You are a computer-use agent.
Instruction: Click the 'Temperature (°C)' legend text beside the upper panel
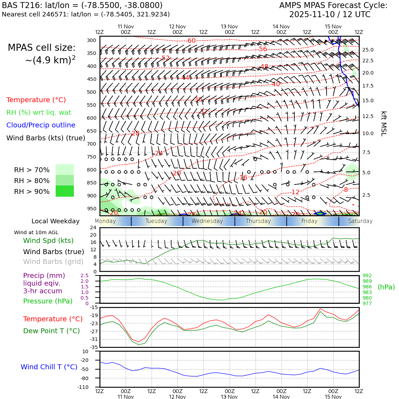(36, 100)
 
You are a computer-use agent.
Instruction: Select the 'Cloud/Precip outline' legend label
(41, 125)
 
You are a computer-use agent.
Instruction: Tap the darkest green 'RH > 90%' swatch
(65, 191)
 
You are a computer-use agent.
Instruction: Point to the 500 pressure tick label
(91, 92)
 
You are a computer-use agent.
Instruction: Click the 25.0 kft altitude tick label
(368, 50)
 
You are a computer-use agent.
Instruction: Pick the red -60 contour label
(191, 41)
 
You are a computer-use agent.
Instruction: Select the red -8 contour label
(345, 190)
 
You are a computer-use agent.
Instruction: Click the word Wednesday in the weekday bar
(207, 221)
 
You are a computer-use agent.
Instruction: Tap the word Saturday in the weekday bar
(360, 221)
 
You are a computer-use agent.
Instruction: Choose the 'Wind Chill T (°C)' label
(49, 367)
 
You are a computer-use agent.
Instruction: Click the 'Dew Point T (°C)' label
(51, 331)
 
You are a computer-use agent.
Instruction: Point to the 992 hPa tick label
(367, 276)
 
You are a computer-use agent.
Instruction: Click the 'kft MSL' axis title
(384, 124)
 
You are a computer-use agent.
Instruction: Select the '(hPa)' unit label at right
(386, 287)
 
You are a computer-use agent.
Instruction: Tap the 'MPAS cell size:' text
(42, 48)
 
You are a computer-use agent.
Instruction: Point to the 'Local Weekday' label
(55, 221)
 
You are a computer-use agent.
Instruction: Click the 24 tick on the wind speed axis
(93, 227)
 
